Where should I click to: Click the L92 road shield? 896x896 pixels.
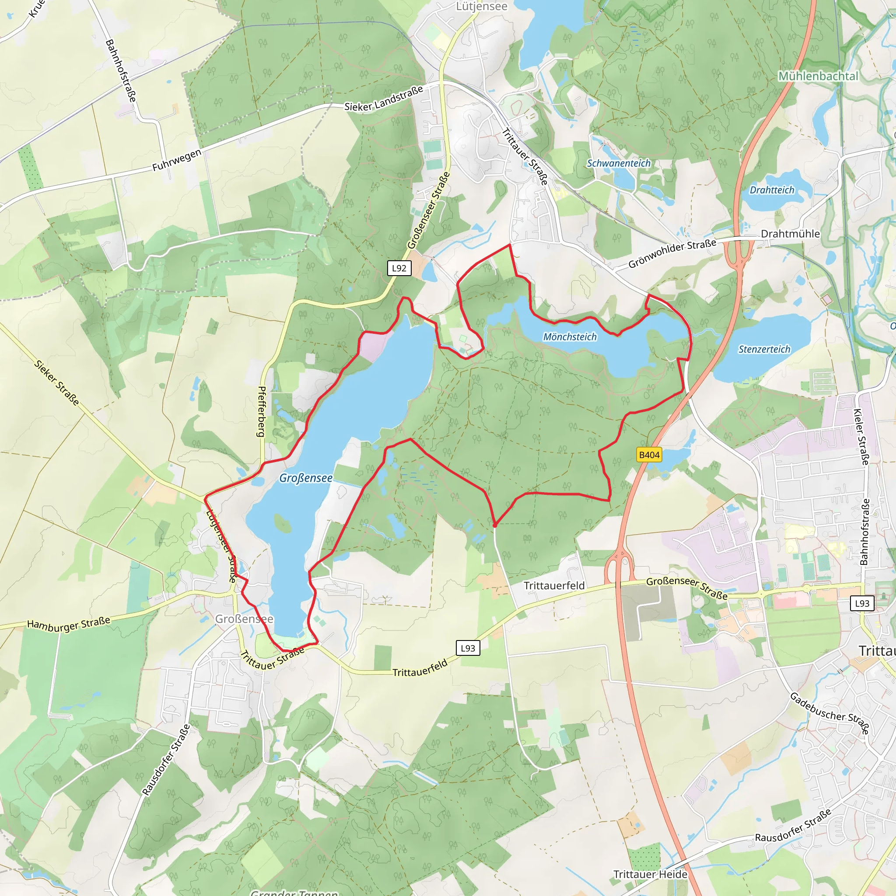[x=399, y=268]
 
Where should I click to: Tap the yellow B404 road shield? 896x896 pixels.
[x=649, y=455]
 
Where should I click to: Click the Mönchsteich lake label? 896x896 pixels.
[x=570, y=337]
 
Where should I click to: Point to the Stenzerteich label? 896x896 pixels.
[x=764, y=349]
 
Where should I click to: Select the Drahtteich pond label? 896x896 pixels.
[x=772, y=190]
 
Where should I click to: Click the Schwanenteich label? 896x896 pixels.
[x=618, y=163]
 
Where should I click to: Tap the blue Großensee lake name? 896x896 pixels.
[x=306, y=478]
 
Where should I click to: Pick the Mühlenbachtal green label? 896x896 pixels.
[x=818, y=76]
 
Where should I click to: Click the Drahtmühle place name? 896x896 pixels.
[x=790, y=234]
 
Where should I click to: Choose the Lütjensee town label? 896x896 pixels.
[x=481, y=7]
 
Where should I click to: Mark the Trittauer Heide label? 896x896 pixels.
[x=650, y=874]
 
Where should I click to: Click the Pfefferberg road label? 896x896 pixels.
[x=262, y=411]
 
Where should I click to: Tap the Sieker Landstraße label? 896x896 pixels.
[x=384, y=99]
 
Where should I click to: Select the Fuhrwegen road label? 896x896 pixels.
[x=177, y=160]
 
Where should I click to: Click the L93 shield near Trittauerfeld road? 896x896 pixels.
[x=468, y=648]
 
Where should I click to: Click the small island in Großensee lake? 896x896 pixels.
[x=283, y=523]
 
